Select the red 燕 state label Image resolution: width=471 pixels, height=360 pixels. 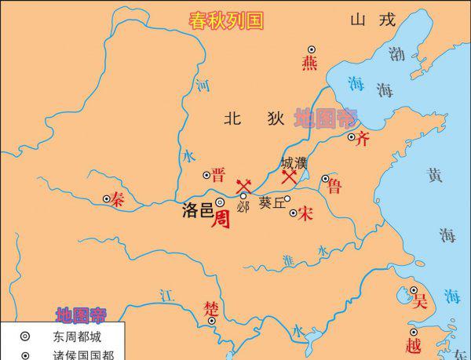coord(310,64)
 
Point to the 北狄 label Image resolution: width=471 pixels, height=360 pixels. coord(253,118)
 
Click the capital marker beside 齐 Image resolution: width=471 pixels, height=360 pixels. coord(352,136)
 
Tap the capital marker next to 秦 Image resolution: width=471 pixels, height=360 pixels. coord(107,199)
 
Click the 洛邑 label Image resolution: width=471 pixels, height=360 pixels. coord(197,212)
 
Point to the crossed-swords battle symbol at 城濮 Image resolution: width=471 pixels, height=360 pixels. coord(290,178)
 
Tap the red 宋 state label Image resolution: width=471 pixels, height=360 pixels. coord(305,212)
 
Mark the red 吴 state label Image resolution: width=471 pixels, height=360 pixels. coord(421,300)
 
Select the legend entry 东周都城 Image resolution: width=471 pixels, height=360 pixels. coord(77,337)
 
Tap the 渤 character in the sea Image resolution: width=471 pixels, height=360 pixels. coord(397,54)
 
